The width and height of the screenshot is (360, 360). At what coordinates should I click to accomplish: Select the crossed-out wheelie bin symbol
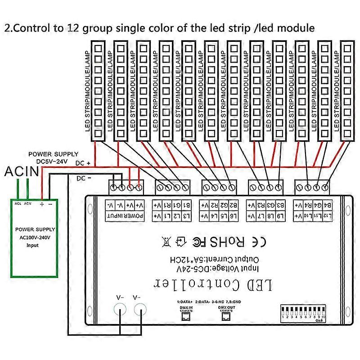(166, 242)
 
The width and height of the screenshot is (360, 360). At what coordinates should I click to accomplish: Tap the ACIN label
(21, 171)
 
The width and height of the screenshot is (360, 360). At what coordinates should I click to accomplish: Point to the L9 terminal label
(280, 216)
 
